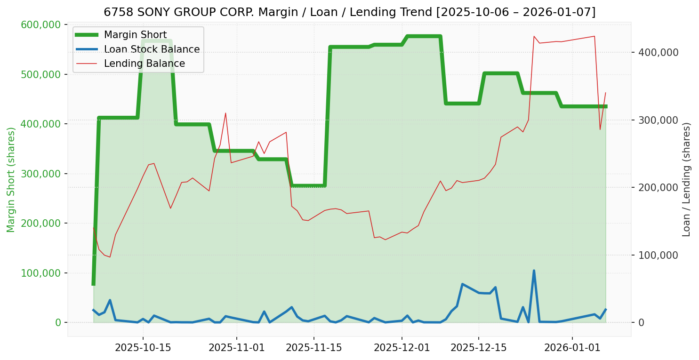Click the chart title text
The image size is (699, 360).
click(x=349, y=12)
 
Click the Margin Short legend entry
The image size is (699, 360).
click(x=135, y=35)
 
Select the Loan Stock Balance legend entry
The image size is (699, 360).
click(x=152, y=49)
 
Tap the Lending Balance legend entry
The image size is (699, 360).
click(x=144, y=64)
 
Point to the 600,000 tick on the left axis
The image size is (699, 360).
click(x=41, y=24)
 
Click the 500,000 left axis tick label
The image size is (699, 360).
click(x=41, y=74)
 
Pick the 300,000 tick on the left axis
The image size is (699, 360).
click(x=41, y=174)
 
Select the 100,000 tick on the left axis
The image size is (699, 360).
click(x=41, y=273)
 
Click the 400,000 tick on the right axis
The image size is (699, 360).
click(x=659, y=52)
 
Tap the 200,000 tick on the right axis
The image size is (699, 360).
click(x=659, y=187)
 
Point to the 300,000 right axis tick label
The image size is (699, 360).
click(x=659, y=120)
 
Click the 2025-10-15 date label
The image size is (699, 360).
click(x=143, y=348)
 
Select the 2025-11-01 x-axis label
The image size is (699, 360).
click(x=236, y=348)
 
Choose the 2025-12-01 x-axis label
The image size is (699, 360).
click(x=402, y=348)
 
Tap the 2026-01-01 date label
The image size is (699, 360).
click(x=572, y=348)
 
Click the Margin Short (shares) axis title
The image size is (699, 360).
click(x=11, y=180)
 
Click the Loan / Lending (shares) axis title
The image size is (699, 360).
click(x=686, y=179)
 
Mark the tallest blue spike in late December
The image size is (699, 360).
click(x=534, y=271)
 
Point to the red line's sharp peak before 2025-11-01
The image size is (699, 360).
click(x=225, y=113)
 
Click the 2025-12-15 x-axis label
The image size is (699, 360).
click(x=479, y=348)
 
